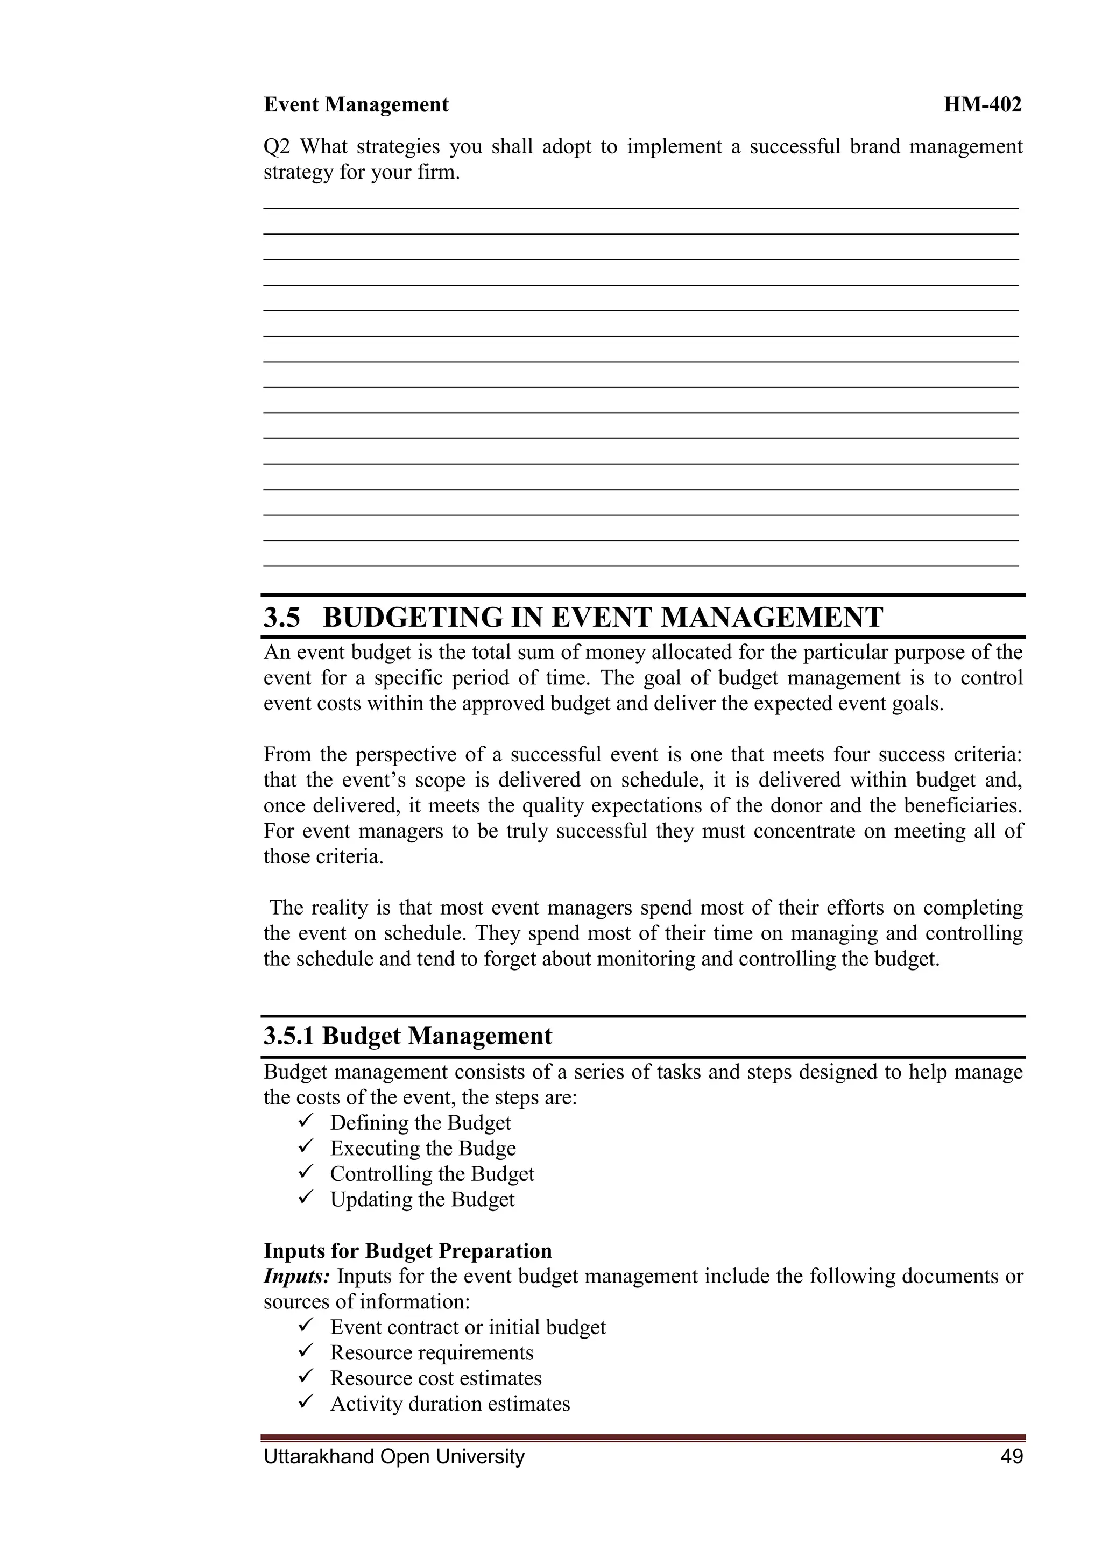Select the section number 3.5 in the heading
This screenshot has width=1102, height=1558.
pos(281,618)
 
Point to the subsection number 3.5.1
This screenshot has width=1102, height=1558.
pos(289,1036)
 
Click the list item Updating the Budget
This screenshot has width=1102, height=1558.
pos(422,1199)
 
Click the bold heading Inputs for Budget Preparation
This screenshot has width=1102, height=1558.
pos(407,1251)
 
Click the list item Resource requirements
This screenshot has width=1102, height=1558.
pos(432,1352)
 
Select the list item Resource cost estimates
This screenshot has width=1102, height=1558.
pos(436,1378)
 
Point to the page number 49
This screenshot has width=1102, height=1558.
pos(1011,1456)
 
